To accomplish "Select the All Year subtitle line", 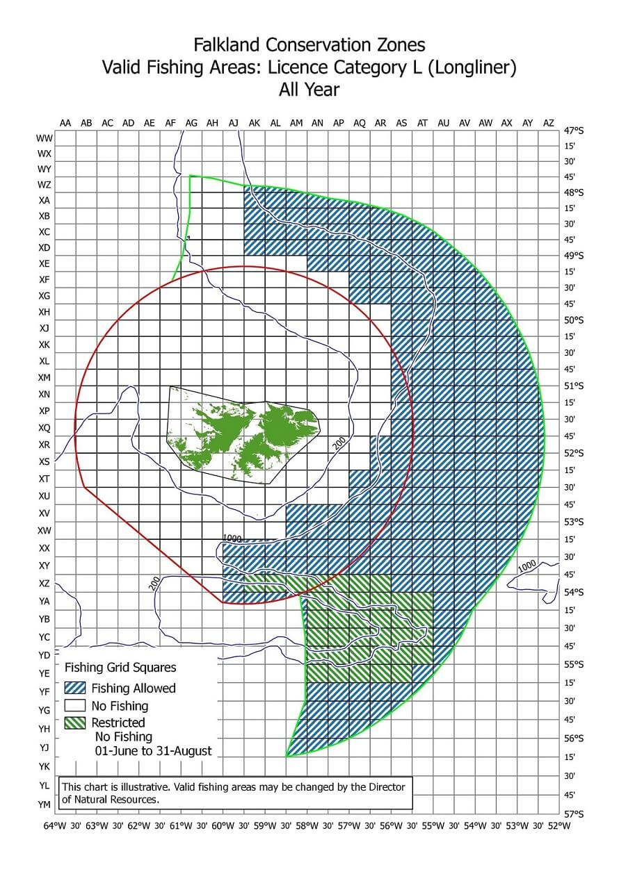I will click(309, 89).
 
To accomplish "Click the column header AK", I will click(254, 123).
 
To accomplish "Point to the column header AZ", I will click(549, 123).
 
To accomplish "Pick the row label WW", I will click(45, 138).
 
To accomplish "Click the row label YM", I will click(45, 805).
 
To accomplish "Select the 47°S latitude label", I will click(574, 131).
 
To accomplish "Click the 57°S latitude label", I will click(574, 813).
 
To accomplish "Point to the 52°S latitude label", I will click(574, 453).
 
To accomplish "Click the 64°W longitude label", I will click(55, 826).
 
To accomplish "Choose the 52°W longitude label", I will click(559, 826).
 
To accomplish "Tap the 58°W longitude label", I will click(307, 826).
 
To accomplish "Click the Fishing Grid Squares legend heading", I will click(120, 668).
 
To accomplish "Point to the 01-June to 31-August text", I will click(153, 751).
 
